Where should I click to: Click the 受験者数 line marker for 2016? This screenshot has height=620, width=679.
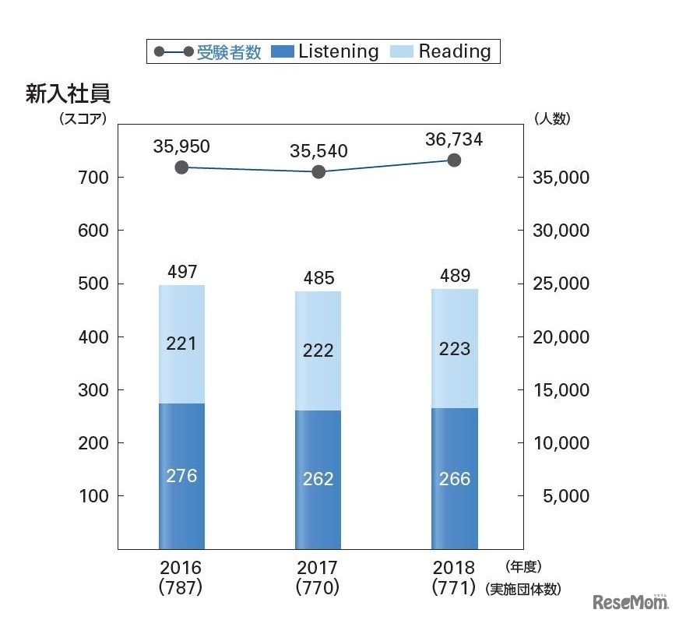[181, 167]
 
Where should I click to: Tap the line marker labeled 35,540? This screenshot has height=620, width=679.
[318, 171]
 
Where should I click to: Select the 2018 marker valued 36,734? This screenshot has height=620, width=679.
[454, 160]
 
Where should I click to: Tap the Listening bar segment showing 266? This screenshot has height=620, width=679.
[454, 478]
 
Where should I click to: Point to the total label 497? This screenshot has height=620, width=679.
[181, 272]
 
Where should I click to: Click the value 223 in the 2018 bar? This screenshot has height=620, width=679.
[454, 348]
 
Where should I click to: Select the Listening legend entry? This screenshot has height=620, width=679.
[325, 52]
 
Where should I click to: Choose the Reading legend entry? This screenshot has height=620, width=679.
[444, 52]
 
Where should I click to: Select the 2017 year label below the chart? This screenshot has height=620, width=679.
[318, 568]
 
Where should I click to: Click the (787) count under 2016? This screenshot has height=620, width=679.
[181, 588]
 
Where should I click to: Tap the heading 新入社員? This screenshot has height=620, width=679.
[69, 94]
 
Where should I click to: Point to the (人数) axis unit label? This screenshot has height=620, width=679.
[553, 118]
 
